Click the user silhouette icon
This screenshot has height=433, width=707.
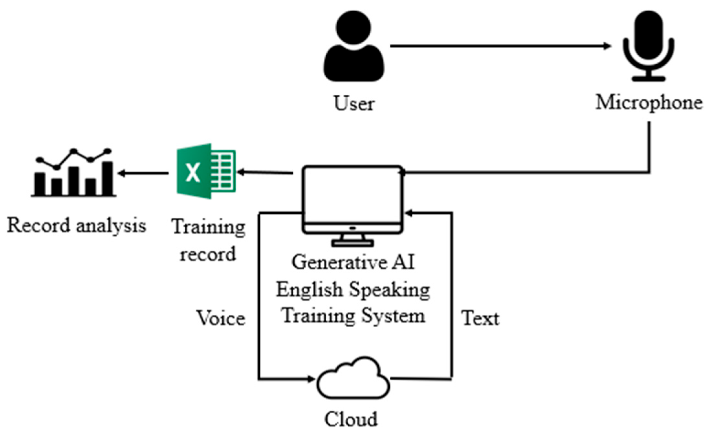353,47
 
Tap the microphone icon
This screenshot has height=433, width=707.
648,45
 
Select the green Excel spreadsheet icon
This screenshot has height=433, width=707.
206,171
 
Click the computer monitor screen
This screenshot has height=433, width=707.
353,194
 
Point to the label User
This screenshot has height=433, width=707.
353,104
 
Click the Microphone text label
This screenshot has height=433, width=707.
649,103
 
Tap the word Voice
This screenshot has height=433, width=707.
221,318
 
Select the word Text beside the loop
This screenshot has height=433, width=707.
480,318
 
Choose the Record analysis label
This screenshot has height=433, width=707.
77,225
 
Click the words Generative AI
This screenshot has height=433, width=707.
353,262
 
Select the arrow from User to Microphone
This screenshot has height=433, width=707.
500,46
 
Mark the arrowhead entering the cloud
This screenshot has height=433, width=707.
311,379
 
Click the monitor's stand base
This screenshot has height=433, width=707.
353,243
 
